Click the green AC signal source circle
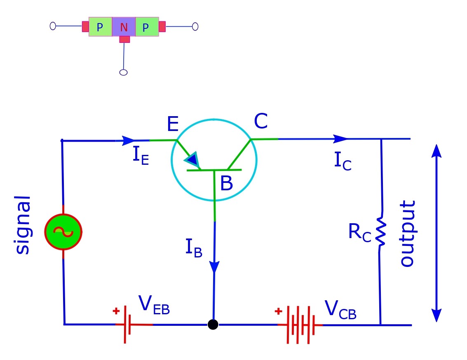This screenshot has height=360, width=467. (x=63, y=232)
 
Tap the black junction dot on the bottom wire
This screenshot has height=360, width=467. (x=213, y=325)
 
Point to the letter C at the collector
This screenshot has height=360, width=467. (x=261, y=122)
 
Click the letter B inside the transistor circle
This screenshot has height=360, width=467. (x=226, y=184)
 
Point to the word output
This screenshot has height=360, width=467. (x=408, y=234)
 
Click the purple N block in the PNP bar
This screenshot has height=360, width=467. (x=124, y=28)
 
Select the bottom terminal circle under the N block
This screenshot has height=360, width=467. (x=123, y=72)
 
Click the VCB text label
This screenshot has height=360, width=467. (x=340, y=310)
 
